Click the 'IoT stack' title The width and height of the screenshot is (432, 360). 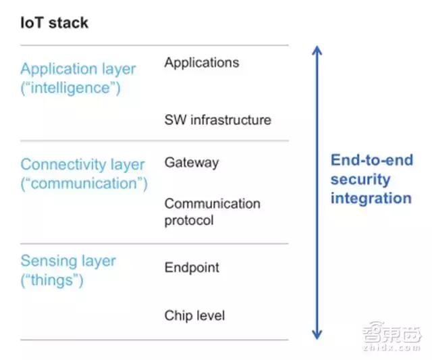[x=54, y=24]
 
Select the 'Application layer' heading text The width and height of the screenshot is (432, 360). [x=78, y=69]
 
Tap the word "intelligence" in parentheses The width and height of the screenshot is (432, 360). [x=71, y=88]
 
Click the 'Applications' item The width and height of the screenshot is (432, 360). [x=201, y=63]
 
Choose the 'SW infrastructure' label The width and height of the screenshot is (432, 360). [x=217, y=120]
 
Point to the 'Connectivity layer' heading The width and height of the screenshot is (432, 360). [x=82, y=165]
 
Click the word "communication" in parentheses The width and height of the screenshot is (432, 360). [x=84, y=183]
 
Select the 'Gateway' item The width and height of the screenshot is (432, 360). [x=191, y=163]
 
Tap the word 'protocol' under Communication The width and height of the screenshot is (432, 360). [x=188, y=220]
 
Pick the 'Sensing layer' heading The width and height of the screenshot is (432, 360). [x=67, y=261]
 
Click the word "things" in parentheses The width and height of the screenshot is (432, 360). [x=52, y=280]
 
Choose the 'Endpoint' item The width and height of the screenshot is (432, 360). [x=192, y=267]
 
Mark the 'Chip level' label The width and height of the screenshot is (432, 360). [x=194, y=315]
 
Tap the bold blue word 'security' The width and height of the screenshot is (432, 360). [x=360, y=180]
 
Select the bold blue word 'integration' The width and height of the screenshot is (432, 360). [x=371, y=198]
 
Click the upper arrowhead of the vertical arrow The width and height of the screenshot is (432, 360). [x=317, y=51]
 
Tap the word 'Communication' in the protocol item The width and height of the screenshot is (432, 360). [x=212, y=203]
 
